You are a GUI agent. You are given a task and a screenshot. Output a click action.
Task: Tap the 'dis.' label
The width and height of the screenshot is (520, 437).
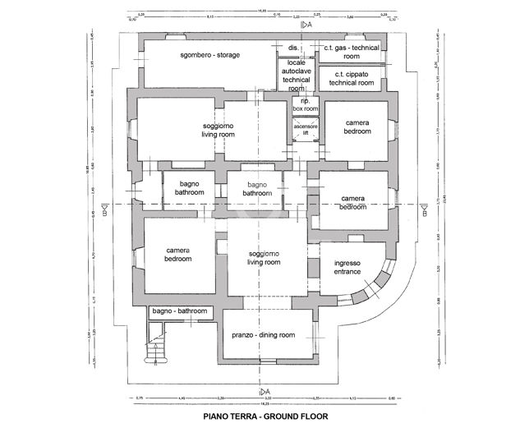point(293,48)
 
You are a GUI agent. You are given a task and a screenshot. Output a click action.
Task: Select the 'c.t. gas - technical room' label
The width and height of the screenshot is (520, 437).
point(351,53)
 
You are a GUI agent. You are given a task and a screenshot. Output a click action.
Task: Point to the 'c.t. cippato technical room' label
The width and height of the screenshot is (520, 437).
point(351,79)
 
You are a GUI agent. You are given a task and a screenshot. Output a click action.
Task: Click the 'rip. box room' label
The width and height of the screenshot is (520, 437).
point(305,105)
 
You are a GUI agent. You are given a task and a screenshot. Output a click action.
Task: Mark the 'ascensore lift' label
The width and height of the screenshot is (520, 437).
point(306,128)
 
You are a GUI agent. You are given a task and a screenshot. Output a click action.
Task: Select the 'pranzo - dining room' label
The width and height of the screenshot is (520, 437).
point(263,335)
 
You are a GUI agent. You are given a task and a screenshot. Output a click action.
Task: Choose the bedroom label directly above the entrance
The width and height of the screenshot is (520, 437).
point(353,203)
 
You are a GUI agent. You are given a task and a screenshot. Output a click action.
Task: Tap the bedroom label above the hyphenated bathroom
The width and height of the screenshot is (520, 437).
point(178,255)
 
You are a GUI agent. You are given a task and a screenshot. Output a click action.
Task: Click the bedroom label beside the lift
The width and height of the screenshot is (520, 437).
point(357,127)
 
